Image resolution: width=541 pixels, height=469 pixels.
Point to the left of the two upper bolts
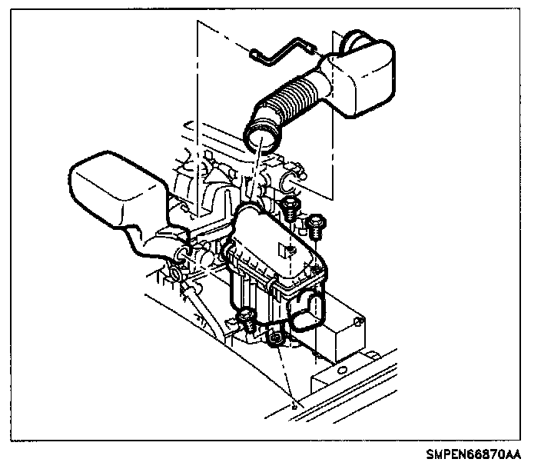(x=290, y=206)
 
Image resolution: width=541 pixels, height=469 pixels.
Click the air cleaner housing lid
(x=273, y=246)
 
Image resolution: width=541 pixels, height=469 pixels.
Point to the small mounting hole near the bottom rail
(x=294, y=401)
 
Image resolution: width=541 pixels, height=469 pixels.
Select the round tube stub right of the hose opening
(x=290, y=182)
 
